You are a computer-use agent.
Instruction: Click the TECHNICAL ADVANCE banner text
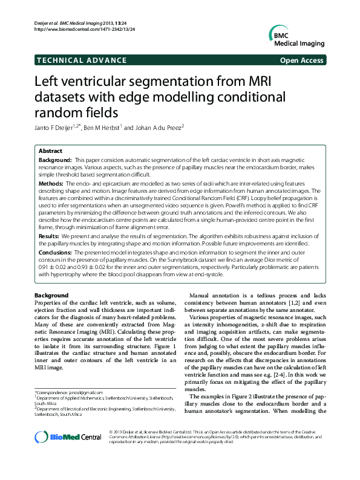[81, 60]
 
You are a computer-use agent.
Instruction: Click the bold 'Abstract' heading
[50, 151]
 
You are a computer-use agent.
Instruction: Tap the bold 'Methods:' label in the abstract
[51, 182]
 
